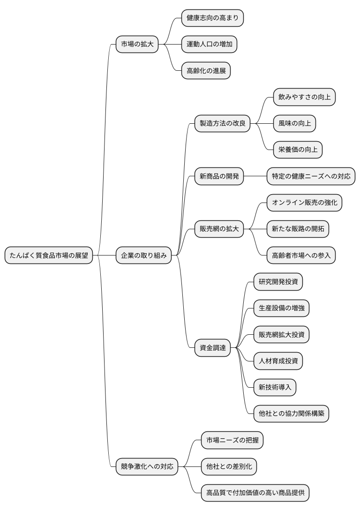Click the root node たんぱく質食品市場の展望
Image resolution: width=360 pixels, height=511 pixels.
(49, 255)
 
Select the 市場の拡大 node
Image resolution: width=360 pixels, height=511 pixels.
(137, 45)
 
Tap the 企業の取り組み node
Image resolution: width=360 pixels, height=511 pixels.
(143, 255)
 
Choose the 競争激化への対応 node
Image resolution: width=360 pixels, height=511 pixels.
(147, 466)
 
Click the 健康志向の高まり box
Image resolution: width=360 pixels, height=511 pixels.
(212, 18)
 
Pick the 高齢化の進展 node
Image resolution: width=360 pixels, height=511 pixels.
(206, 71)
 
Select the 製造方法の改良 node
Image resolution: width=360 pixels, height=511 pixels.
(222, 124)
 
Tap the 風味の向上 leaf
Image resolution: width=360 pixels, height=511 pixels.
(294, 124)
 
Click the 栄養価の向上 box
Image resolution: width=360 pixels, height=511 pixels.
(298, 150)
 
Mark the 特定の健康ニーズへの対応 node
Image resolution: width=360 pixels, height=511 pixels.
(311, 177)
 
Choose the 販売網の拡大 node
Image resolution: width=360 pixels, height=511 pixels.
(219, 229)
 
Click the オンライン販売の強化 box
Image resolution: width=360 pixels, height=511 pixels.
(304, 203)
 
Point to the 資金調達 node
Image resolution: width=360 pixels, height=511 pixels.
(212, 348)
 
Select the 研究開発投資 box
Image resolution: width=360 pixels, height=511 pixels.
(278, 282)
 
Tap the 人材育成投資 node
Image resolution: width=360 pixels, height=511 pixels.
(278, 361)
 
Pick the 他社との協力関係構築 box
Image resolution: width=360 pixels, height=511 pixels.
(291, 413)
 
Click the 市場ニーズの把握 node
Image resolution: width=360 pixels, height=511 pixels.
(232, 440)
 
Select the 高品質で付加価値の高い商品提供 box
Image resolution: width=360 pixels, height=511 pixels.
(255, 493)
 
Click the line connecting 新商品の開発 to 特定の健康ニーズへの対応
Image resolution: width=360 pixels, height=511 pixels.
(255, 177)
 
